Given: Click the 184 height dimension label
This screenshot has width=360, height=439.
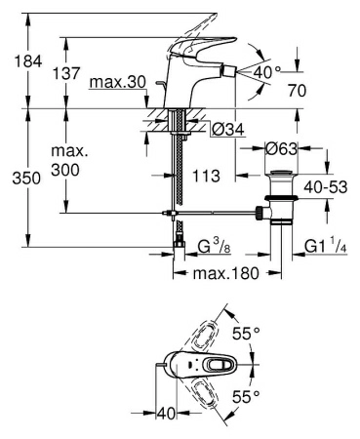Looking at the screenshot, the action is tap(28, 61).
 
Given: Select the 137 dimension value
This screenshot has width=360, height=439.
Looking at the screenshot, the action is tap(66, 73).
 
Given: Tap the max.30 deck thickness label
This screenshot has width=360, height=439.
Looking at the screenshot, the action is tap(118, 83).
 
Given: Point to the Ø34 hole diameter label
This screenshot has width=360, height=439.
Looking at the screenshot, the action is tap(228, 130).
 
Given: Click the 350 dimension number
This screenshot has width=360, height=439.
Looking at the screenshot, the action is tap(26, 179).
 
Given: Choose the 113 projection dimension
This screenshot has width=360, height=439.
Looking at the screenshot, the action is tap(207, 176).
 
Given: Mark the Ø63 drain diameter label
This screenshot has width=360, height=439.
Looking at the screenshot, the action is tap(281, 149).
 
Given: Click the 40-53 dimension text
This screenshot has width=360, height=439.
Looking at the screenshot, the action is tap(326, 187).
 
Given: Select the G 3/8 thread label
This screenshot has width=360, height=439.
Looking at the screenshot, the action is tap(215, 248).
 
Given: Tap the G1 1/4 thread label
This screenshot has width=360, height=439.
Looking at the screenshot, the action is tap(326, 246).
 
